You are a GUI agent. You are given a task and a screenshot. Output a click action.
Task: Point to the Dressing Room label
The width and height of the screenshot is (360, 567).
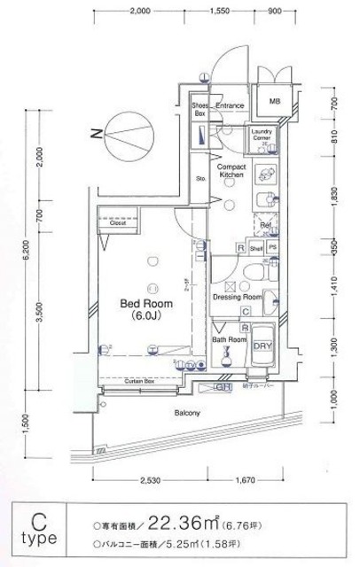[237, 298]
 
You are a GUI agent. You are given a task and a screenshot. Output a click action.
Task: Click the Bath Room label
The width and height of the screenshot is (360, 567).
[228, 338]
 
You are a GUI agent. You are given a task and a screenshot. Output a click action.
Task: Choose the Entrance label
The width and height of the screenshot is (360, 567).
[230, 104]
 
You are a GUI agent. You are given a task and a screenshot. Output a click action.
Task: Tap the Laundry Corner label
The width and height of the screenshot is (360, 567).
[266, 136]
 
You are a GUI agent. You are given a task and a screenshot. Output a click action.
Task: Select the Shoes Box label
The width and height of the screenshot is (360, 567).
[200, 109]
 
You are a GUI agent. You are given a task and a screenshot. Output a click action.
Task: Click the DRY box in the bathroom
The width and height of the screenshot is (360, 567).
[263, 346]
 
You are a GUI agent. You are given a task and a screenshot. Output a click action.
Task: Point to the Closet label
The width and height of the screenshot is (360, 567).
[118, 223]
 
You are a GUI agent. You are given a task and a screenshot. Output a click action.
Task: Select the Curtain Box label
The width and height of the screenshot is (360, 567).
[140, 380]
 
